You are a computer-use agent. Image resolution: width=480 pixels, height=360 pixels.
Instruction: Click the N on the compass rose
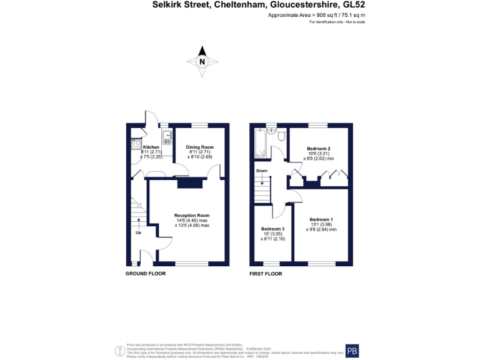tap(202, 62)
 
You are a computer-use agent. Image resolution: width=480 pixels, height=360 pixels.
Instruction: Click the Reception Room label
tap(191, 215)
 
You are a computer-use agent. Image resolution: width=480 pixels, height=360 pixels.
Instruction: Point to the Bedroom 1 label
tap(321, 219)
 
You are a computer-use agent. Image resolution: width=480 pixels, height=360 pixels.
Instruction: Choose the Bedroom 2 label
tap(319, 148)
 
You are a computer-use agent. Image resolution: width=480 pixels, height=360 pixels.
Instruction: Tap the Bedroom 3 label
tap(272, 228)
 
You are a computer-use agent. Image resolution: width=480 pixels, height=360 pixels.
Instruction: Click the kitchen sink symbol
tap(167, 137)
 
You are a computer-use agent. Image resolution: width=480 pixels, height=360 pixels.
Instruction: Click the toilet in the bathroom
tap(281, 136)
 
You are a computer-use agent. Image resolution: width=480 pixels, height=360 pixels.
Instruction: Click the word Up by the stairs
tap(138, 232)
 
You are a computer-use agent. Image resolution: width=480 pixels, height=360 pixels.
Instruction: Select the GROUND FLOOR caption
tap(146, 274)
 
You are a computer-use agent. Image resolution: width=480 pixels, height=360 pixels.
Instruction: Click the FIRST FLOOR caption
tap(266, 274)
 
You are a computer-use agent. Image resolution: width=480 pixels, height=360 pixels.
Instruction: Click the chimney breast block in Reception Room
tap(191, 182)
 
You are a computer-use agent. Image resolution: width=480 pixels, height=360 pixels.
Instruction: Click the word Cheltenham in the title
tap(238, 4)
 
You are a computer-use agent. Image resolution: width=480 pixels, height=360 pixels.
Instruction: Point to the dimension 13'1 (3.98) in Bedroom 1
tap(321, 224)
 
